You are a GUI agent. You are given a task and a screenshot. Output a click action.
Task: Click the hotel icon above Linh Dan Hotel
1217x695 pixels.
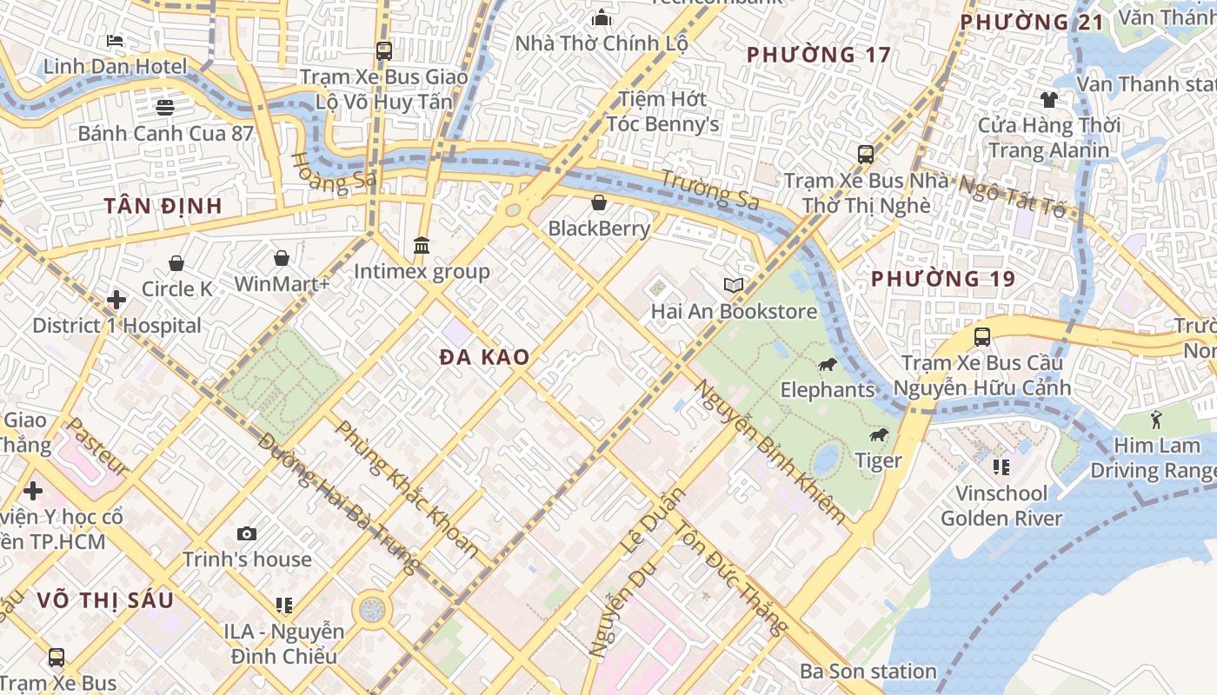(x=115, y=40)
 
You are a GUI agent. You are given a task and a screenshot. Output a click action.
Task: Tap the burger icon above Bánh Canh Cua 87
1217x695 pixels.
(x=165, y=107)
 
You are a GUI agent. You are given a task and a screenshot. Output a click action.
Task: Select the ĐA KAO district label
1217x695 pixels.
(x=484, y=357)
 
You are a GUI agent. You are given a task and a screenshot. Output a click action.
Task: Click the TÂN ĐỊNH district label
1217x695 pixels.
(x=163, y=206)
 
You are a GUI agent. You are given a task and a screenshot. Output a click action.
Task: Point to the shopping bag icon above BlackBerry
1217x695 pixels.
(x=599, y=202)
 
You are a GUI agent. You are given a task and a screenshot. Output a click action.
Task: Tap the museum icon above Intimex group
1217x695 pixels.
(x=422, y=245)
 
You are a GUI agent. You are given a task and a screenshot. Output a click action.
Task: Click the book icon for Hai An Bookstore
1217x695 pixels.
(x=734, y=285)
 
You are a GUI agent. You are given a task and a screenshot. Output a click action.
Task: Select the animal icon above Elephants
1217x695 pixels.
(x=827, y=364)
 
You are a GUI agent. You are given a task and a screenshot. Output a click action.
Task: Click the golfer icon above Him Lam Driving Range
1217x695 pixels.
(x=1155, y=420)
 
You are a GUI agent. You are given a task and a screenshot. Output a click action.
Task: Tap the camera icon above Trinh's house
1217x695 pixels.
(x=247, y=533)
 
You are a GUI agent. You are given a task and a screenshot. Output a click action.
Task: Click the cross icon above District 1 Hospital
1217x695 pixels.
(x=116, y=300)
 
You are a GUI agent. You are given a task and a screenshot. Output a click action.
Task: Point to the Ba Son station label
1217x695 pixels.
(x=868, y=672)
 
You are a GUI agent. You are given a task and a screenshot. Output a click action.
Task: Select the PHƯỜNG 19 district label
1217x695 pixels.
(x=943, y=279)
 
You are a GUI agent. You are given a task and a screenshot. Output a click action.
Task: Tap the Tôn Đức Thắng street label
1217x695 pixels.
(x=732, y=579)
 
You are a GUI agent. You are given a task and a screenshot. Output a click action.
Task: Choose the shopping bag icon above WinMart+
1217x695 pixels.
(x=282, y=258)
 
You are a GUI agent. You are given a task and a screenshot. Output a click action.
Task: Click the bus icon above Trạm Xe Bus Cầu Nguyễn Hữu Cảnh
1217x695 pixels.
(x=982, y=337)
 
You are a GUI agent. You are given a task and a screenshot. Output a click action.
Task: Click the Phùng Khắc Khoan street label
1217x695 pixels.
(x=407, y=488)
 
